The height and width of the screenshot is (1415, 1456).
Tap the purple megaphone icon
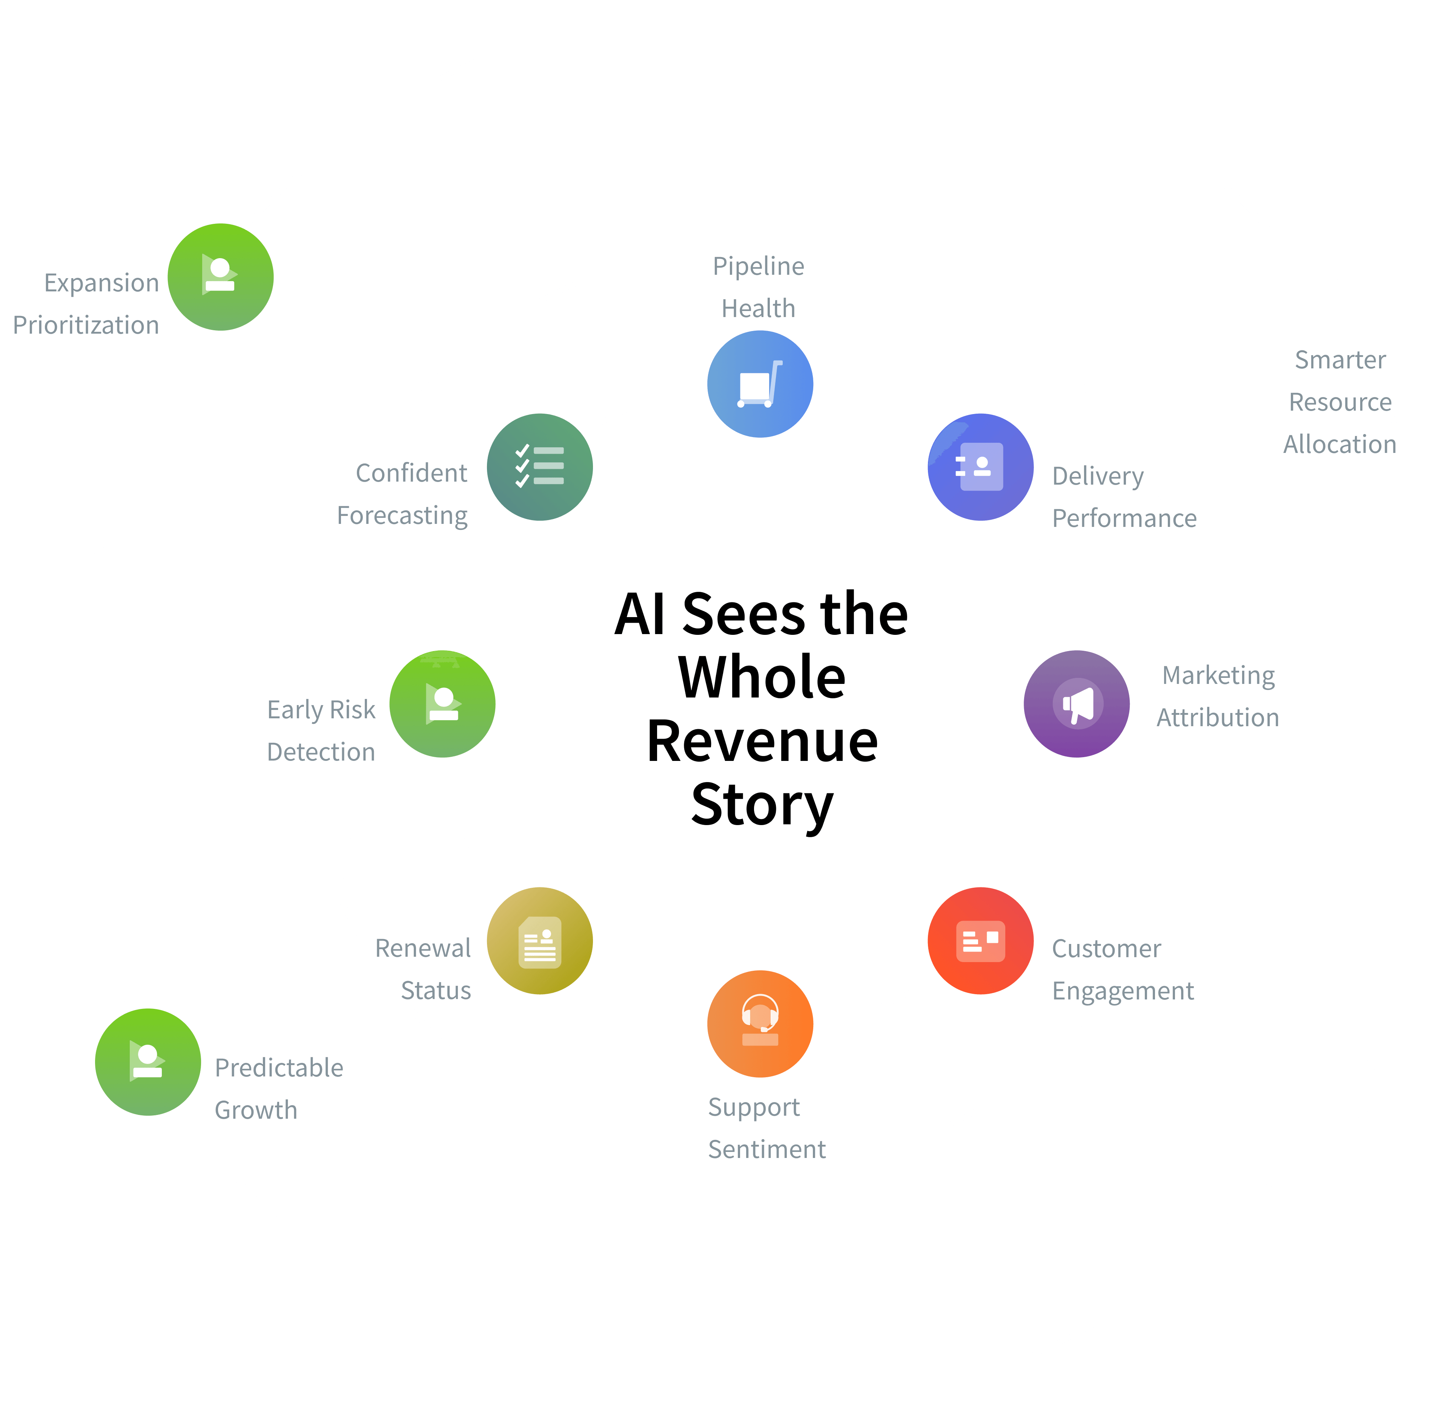point(1077,704)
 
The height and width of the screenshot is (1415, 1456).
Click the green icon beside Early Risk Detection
point(442,704)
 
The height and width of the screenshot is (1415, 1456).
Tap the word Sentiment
point(766,1149)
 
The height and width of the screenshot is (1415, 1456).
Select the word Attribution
point(1218,717)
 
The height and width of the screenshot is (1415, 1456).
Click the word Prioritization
point(86,325)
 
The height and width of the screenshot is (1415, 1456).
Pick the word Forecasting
point(402,515)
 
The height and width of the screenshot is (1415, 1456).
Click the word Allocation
point(1340,444)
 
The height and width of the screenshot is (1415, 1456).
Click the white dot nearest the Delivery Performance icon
point(1058,360)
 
